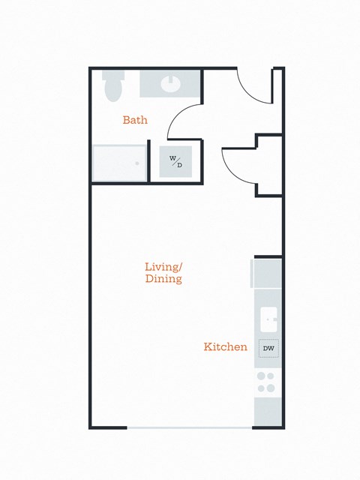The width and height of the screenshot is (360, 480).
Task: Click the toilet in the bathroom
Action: pos(113,85)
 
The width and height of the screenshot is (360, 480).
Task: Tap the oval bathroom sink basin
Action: pos(170,82)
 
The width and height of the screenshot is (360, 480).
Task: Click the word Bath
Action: pos(135,120)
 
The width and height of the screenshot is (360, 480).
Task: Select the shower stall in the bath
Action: pos(118,162)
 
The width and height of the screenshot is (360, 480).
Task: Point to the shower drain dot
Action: pos(137,163)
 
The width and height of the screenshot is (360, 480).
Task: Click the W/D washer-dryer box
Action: pos(175,160)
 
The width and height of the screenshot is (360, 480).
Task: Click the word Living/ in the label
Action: pos(163,266)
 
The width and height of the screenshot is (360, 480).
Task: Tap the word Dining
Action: pos(163,279)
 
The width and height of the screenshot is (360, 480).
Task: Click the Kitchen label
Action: pos(226,347)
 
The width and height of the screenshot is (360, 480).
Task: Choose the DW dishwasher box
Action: pos(268,348)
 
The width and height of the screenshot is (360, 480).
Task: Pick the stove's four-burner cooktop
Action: pos(266,382)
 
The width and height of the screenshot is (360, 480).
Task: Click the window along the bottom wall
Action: pos(189,427)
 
